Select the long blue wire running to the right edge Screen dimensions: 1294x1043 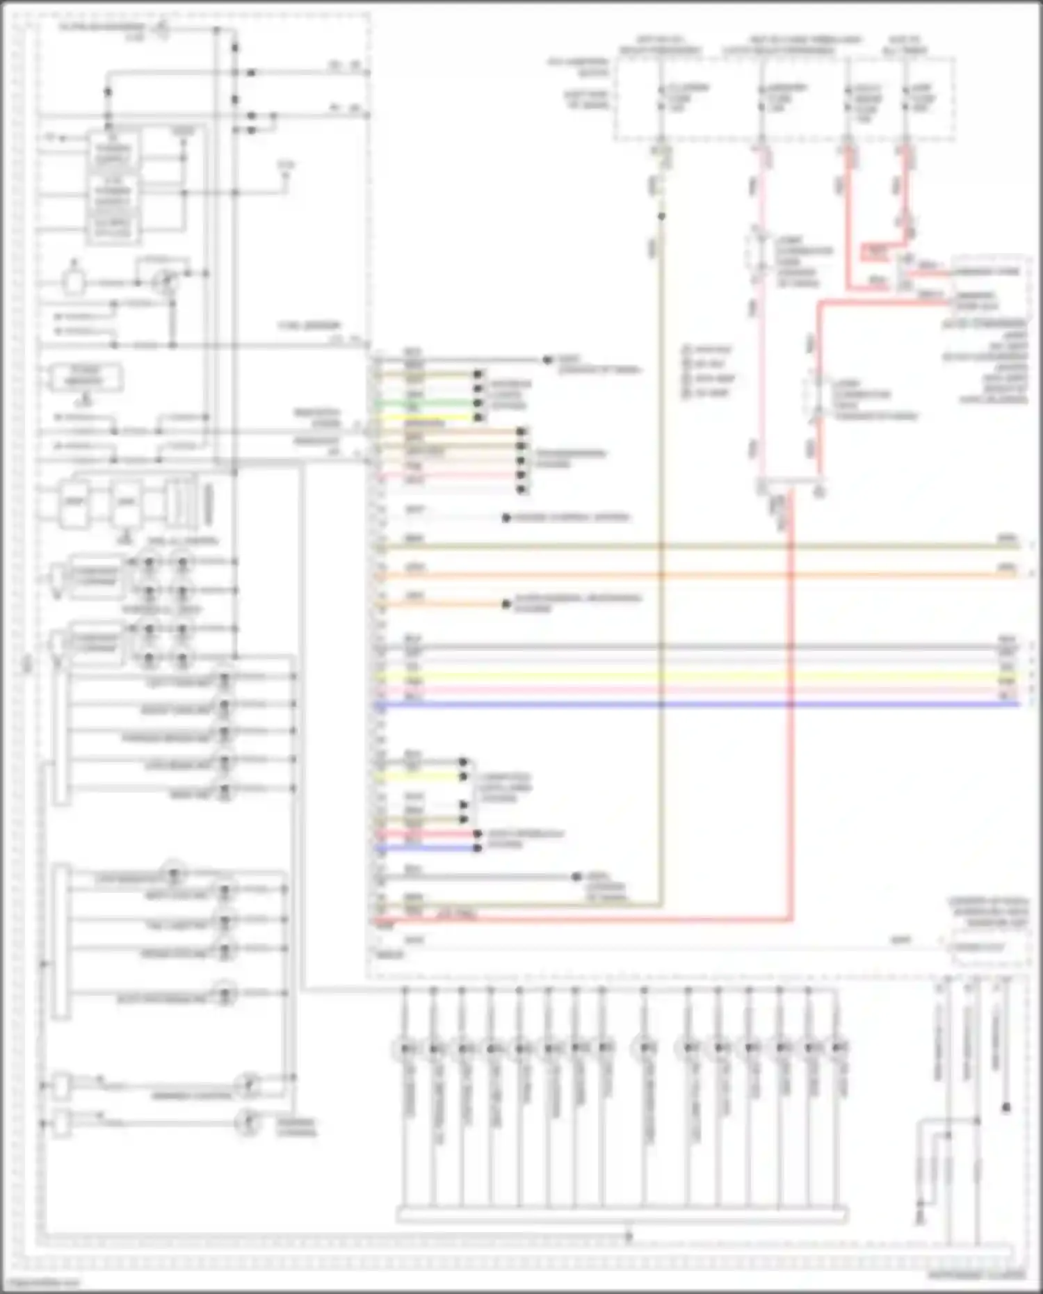pos(695,705)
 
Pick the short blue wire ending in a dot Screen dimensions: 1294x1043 pos(428,848)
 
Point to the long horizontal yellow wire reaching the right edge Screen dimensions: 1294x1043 pos(695,675)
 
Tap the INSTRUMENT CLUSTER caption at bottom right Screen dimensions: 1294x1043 pos(976,1276)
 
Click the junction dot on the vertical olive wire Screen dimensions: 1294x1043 pos(661,216)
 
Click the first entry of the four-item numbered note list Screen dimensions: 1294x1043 pos(706,349)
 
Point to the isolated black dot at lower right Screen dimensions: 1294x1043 pos(1006,1108)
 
